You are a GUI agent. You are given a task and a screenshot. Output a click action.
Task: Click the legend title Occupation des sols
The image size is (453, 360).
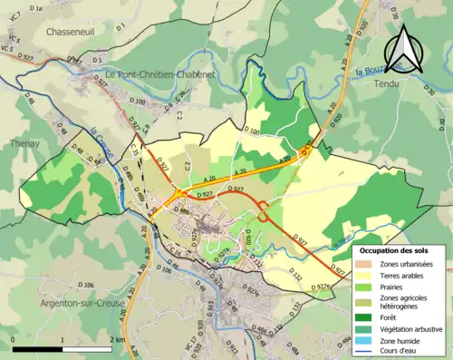coord(396,249)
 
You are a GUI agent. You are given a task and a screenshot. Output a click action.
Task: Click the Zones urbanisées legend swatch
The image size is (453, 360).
coord(369,263)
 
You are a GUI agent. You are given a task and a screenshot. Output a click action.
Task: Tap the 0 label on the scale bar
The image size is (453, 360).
coord(14,339)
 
